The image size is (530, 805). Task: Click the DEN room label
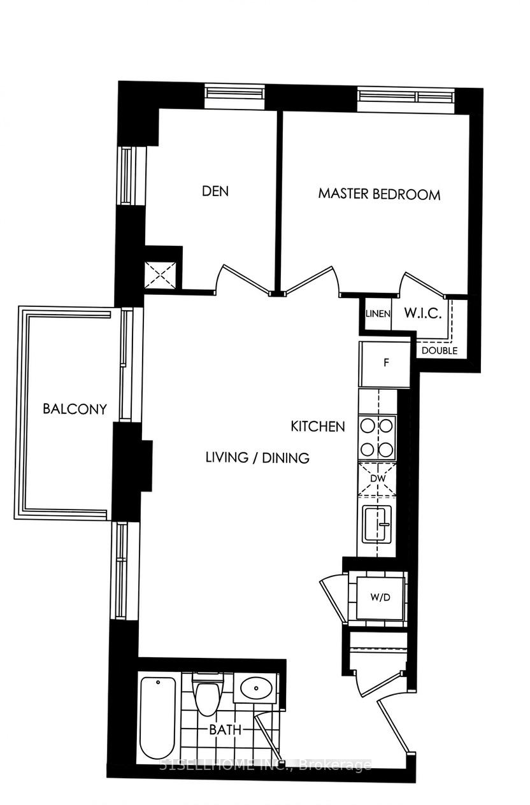click(x=215, y=191)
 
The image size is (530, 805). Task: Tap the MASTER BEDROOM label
click(x=379, y=194)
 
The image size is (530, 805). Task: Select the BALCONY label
click(x=75, y=409)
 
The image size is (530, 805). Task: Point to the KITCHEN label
click(x=318, y=426)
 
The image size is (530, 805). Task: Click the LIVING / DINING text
click(x=257, y=457)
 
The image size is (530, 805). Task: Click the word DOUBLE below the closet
click(x=439, y=350)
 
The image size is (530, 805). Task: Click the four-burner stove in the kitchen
click(x=377, y=437)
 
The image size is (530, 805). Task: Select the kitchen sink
click(x=378, y=524)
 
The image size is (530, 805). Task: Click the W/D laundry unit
click(x=380, y=597)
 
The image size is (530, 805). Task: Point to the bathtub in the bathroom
click(x=157, y=717)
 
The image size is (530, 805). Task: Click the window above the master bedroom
click(x=406, y=96)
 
